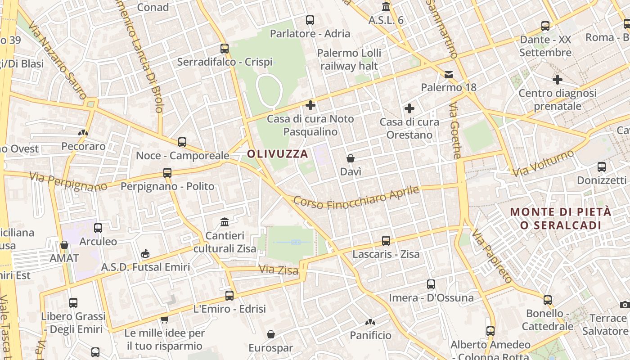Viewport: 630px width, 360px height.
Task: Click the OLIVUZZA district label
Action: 278,154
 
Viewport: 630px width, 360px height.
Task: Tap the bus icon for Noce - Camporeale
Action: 182,142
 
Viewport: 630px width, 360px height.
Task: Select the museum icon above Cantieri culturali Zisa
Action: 225,222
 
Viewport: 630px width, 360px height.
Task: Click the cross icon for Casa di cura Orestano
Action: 409,108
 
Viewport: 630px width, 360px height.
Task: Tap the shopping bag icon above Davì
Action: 351,158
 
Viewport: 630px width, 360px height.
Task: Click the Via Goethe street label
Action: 455,130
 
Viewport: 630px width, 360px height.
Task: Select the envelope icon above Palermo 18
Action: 449,74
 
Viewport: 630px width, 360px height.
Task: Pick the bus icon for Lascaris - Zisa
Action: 386,241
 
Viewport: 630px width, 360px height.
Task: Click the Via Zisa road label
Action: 279,270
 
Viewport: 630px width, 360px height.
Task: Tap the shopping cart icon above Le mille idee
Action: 164,319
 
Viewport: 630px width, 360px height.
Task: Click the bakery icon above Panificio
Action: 370,322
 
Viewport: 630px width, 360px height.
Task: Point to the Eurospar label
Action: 271,348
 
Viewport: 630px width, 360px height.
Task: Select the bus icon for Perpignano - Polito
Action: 167,172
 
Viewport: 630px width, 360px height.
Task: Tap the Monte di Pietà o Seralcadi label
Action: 561,218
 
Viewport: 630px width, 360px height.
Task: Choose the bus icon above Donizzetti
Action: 602,167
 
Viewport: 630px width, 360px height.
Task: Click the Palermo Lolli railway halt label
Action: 349,59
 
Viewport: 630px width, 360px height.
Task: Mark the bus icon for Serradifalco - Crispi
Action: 225,49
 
